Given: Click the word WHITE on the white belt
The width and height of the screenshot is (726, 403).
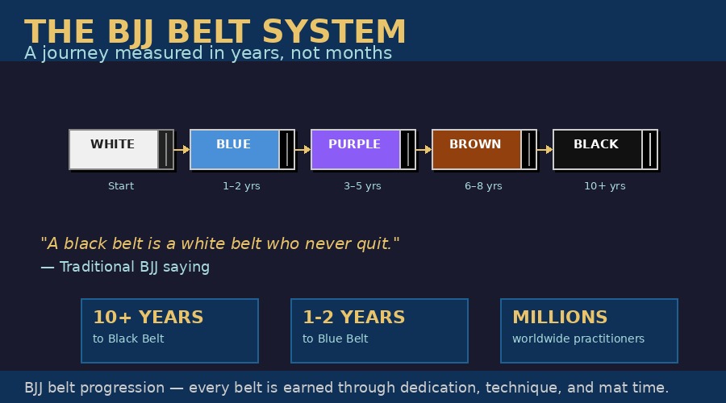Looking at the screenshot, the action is [x=112, y=144].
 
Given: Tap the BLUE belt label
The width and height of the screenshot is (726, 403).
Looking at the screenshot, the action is [x=233, y=144].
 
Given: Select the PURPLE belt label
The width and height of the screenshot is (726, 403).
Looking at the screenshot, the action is [x=354, y=144].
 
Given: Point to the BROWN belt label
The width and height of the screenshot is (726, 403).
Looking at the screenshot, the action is [x=475, y=144].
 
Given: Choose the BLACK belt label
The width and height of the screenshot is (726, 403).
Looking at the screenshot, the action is [x=596, y=144].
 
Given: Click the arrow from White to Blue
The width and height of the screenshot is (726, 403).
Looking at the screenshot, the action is [x=181, y=149].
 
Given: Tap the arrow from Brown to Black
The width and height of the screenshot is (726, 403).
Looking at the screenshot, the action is [x=544, y=149].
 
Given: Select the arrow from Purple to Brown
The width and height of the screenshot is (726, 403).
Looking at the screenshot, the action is [x=423, y=149].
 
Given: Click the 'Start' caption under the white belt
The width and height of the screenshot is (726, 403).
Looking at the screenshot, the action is [x=121, y=186].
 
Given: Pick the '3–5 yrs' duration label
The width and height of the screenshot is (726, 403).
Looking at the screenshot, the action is [x=362, y=186].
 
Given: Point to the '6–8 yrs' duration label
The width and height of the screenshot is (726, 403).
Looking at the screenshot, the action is [x=483, y=186].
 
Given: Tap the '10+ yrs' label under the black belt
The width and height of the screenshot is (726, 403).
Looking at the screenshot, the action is [x=605, y=186].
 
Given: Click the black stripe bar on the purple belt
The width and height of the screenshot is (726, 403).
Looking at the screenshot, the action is [x=407, y=149].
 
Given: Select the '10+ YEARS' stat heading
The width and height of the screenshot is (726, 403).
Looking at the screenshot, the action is [x=148, y=318].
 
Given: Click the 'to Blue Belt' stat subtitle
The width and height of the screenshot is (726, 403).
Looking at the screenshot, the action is [x=336, y=339].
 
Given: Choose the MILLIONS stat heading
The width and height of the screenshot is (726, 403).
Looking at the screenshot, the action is [x=560, y=318].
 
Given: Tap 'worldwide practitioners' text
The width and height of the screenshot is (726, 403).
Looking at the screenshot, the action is [x=578, y=339].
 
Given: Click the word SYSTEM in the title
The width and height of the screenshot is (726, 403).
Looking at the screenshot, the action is [x=334, y=32].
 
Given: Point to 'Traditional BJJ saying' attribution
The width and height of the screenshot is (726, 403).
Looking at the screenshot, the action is [x=134, y=267].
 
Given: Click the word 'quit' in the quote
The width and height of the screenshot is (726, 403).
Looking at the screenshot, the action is [x=374, y=243].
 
